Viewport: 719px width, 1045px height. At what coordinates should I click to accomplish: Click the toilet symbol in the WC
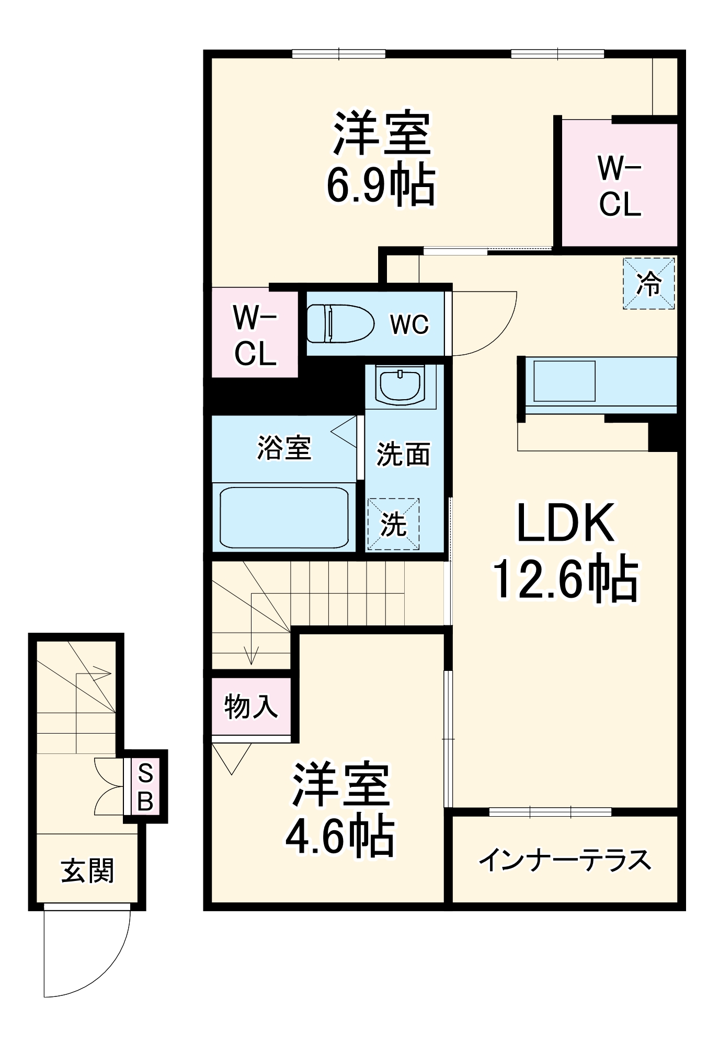coord(340,323)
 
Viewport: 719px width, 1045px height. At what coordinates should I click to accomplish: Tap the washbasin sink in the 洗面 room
coord(401,386)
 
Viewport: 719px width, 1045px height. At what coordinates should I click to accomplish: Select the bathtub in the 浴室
coord(284,517)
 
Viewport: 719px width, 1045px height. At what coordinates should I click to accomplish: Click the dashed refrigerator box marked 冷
coord(648,283)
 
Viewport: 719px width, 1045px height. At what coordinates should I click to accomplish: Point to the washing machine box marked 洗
coord(393,524)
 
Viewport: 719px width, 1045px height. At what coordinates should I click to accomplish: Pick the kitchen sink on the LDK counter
coord(564,381)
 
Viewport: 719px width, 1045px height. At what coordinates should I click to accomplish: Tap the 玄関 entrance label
coord(87,871)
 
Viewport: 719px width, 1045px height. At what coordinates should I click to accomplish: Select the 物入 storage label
coord(251,706)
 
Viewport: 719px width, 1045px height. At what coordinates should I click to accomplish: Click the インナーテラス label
coord(565,860)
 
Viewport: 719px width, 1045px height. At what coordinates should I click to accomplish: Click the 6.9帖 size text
coord(381,184)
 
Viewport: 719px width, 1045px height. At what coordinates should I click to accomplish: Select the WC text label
coord(409,324)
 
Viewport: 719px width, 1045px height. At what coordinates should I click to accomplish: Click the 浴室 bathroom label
coord(284,448)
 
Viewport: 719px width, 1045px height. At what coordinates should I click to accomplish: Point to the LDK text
coord(565,524)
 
